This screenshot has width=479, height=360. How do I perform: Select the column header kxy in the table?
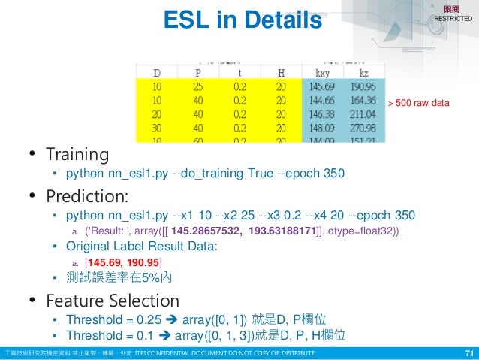click(323, 73)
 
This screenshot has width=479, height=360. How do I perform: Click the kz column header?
click(363, 73)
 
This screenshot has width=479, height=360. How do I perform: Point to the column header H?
click(281, 73)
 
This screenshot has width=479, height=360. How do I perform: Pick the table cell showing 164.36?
click(363, 101)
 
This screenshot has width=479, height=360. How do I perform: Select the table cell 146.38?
click(323, 113)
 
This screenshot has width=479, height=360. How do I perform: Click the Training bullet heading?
click(77, 155)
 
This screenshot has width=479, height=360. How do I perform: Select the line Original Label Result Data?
click(143, 247)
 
